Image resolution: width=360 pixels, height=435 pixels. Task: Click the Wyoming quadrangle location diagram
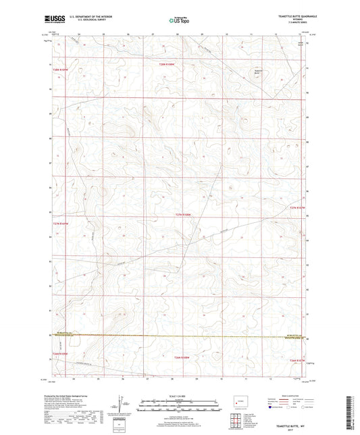click(x=237, y=404)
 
